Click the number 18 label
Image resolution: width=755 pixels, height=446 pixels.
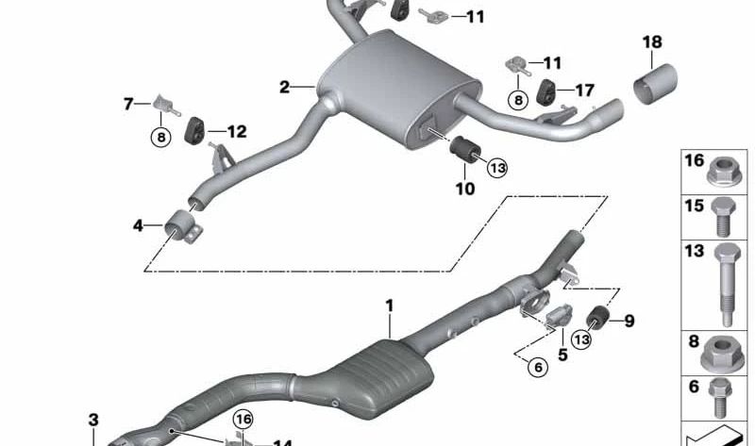[652, 42]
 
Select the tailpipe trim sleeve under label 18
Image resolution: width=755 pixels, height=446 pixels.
[655, 83]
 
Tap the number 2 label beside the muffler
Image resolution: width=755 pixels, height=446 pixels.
[284, 87]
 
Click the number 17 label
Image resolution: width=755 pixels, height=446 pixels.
[584, 90]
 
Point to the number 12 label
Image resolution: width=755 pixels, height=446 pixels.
[237, 131]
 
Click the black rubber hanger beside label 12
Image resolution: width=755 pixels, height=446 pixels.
[194, 130]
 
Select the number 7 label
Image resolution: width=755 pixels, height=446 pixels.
[128, 104]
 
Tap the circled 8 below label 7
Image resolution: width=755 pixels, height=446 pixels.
[160, 138]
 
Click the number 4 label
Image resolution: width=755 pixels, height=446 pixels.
[138, 225]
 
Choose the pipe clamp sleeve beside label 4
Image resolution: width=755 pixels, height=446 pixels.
[183, 226]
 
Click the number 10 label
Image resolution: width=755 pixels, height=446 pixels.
[465, 189]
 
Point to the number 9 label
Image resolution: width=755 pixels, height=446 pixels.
[629, 321]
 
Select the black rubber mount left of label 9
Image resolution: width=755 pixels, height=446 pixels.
[598, 317]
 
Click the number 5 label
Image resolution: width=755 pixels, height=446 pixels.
[562, 355]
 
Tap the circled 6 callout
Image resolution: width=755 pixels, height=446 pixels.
[538, 368]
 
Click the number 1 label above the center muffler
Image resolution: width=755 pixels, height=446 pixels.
[390, 306]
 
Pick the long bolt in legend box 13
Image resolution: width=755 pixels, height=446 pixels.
[728, 285]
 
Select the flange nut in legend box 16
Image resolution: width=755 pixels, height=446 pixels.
[723, 172]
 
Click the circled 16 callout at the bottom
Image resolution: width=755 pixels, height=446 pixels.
[243, 419]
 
